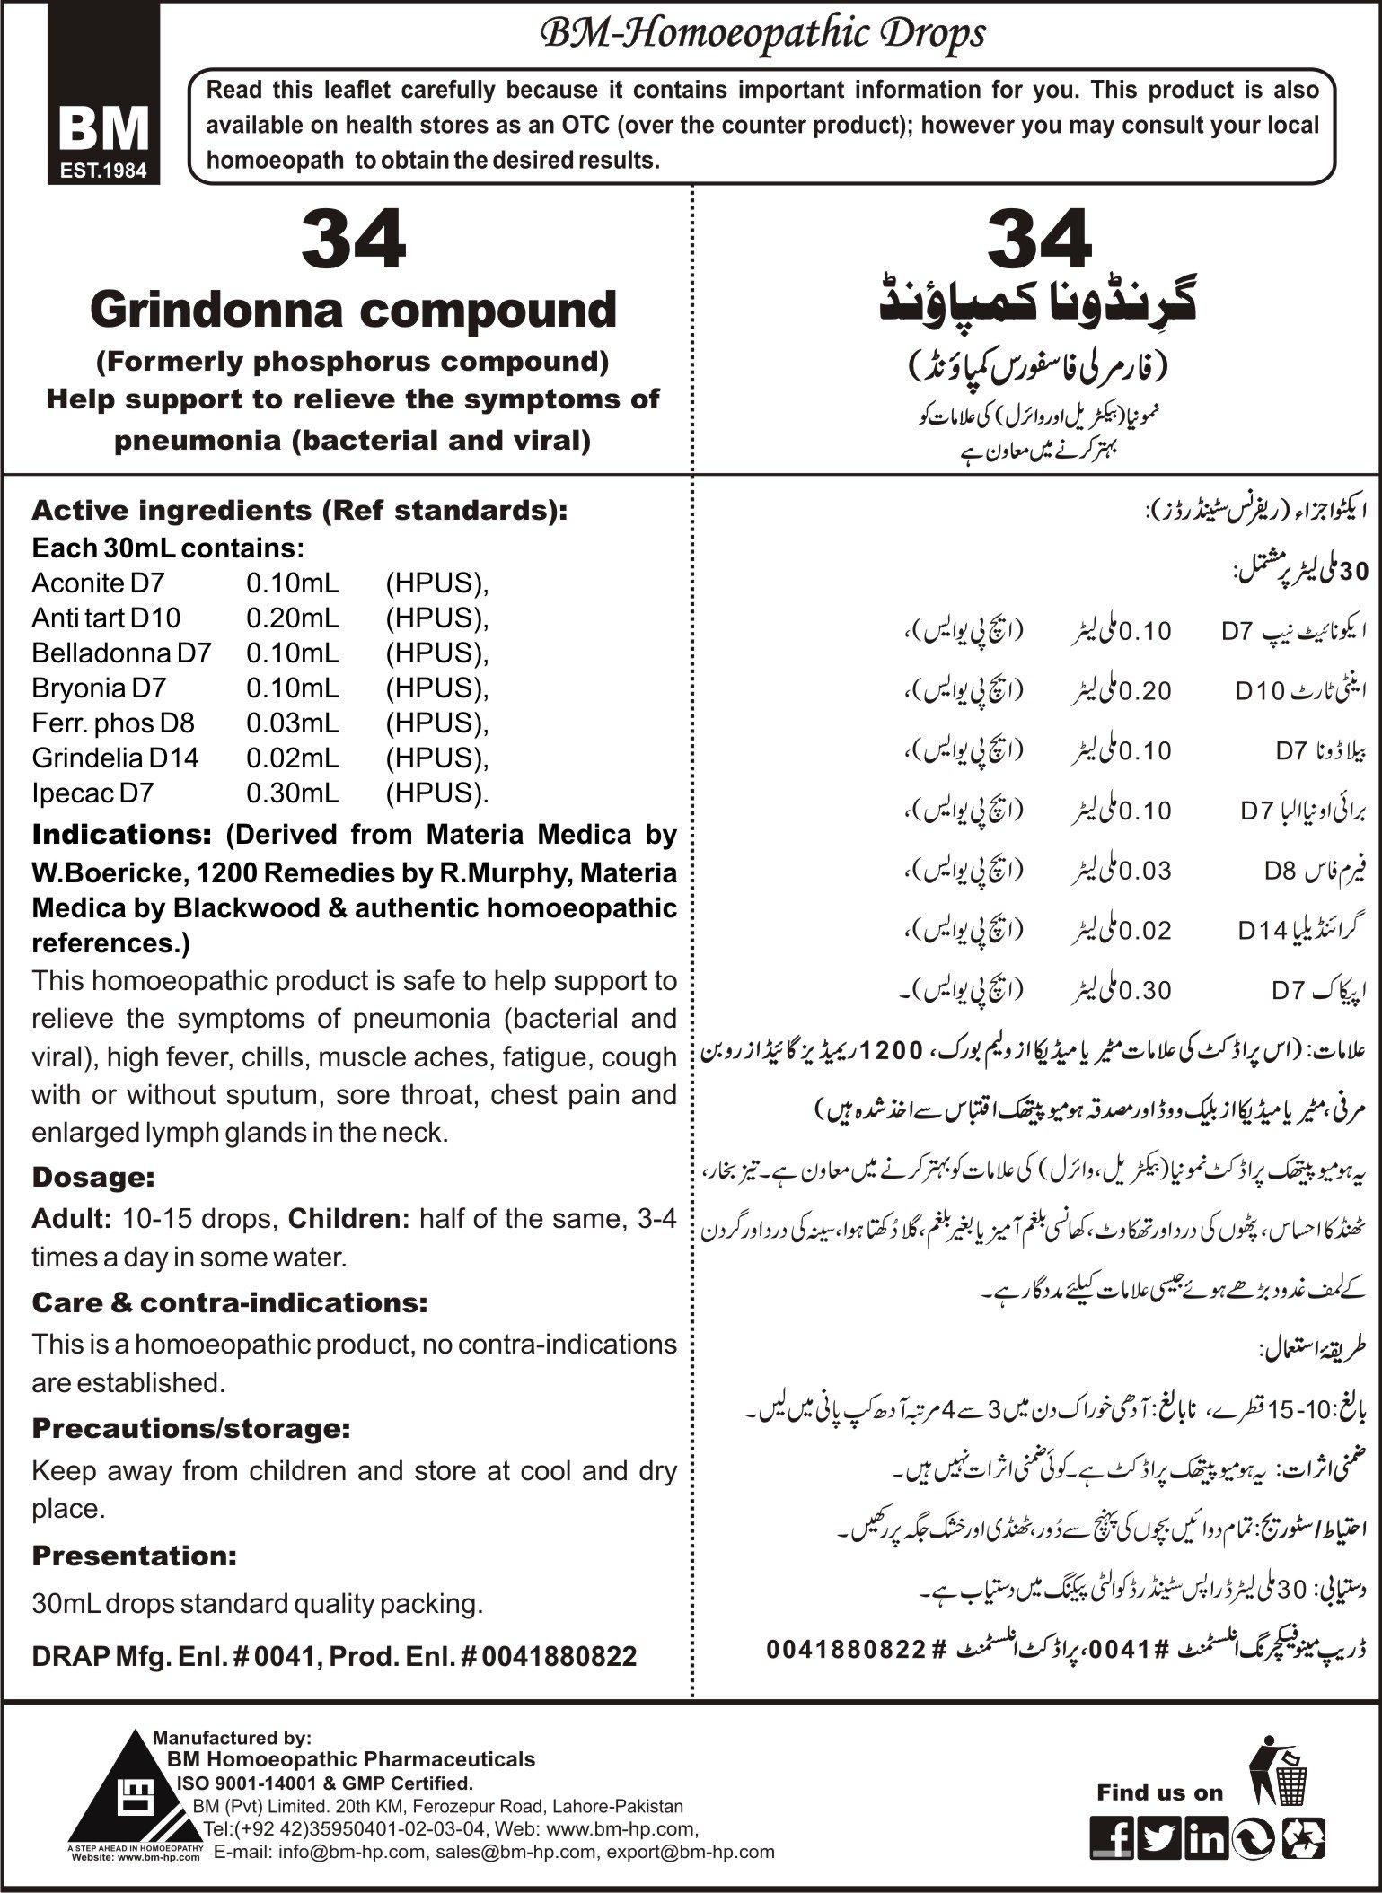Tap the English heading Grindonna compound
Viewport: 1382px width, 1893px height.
click(353, 311)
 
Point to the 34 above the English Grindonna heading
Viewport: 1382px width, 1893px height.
click(354, 241)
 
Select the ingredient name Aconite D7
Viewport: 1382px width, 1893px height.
click(98, 583)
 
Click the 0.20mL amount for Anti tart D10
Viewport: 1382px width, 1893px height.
click(293, 618)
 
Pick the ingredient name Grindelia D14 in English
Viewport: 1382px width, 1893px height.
click(115, 758)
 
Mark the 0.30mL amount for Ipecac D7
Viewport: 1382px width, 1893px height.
click(293, 793)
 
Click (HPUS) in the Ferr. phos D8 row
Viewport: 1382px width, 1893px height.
click(436, 723)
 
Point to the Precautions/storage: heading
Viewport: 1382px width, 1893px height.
click(190, 1428)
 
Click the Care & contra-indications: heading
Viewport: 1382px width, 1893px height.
click(229, 1301)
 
